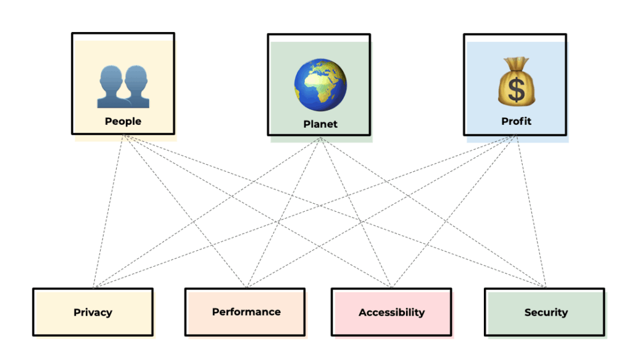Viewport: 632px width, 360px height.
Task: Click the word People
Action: (123, 121)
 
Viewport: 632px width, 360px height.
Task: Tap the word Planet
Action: (320, 124)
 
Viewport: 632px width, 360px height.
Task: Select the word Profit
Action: (516, 121)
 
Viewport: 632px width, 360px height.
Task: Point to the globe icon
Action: (320, 85)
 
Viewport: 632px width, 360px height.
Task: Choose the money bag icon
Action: (517, 82)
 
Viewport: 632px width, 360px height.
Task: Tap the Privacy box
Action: (93, 312)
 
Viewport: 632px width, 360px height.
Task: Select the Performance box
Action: (246, 311)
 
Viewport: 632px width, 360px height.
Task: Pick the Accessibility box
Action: (391, 312)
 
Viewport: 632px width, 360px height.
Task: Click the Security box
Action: (545, 312)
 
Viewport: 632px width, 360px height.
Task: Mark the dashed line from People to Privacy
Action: (108, 210)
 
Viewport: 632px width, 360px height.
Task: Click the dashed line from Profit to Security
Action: (531, 210)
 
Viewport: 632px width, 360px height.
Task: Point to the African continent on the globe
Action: (323, 86)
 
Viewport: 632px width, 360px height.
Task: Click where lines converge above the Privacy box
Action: (94, 287)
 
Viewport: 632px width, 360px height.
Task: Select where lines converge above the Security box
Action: (545, 287)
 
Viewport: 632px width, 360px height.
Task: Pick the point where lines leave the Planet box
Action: (320, 138)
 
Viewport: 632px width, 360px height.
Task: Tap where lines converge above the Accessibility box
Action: (391, 287)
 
